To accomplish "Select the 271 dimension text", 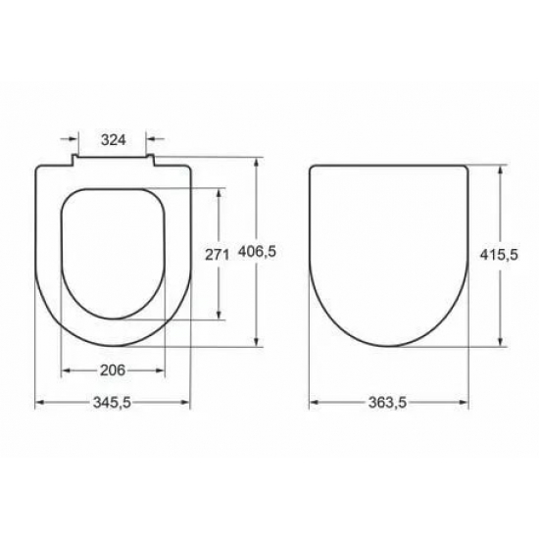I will point(216,255).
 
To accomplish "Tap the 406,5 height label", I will point(259,253).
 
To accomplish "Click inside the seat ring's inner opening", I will point(113,255).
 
